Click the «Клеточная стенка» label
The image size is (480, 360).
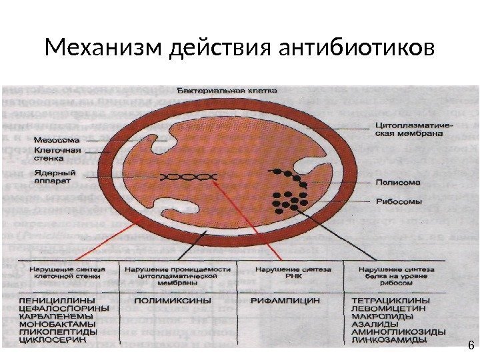57,155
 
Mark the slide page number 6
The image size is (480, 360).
471,345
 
